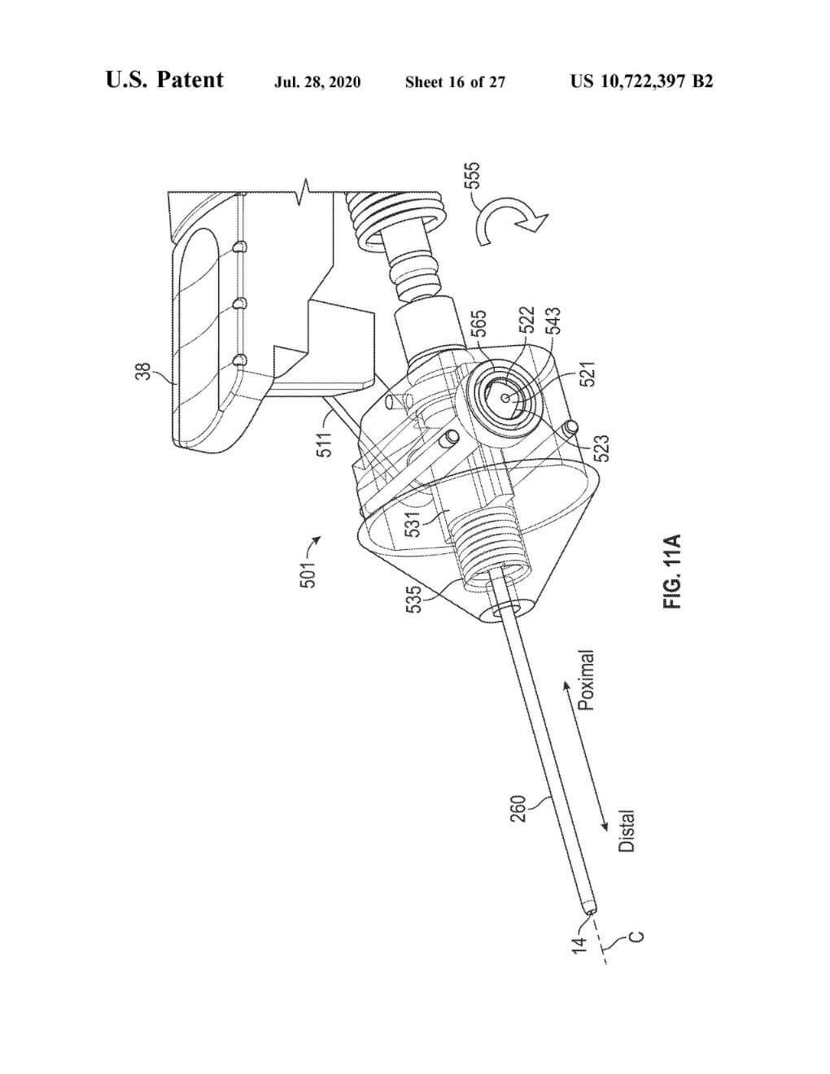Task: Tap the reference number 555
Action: point(473,176)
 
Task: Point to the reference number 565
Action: point(478,324)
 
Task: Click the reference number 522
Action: point(527,320)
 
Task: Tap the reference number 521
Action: point(589,373)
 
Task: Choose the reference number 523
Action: point(601,447)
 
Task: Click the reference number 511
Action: point(325,443)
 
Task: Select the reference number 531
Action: point(412,524)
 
